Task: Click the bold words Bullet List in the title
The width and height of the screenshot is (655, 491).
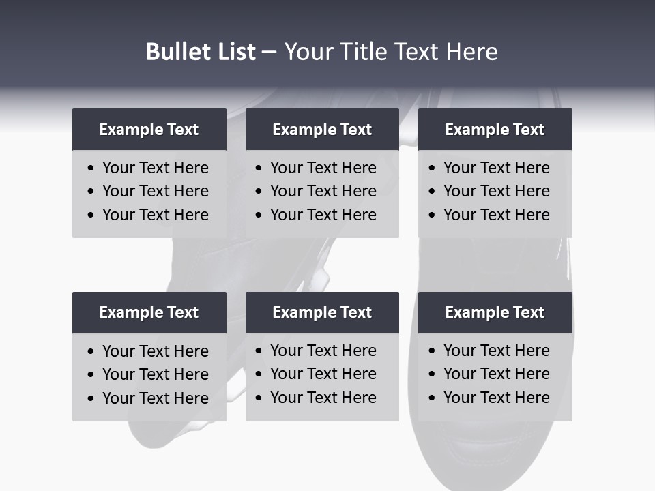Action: (201, 52)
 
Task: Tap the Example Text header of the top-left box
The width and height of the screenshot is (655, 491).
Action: (149, 130)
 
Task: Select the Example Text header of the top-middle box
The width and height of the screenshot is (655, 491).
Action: (322, 130)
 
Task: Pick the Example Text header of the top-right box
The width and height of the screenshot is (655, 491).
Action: (495, 130)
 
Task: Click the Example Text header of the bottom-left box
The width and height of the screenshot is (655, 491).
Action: (149, 312)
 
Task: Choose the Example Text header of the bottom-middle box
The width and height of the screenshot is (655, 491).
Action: (322, 312)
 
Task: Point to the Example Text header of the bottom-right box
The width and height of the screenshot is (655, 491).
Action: (495, 312)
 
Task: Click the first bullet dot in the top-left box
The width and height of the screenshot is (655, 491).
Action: (91, 168)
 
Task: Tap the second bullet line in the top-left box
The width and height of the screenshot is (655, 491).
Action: (156, 192)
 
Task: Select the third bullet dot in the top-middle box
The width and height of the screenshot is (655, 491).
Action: (259, 215)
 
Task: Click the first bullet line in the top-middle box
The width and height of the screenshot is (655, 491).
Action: (323, 168)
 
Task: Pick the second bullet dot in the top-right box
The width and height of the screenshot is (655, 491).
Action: (432, 192)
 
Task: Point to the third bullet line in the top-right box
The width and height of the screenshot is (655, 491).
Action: (497, 215)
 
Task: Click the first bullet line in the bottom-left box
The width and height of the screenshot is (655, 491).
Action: (156, 351)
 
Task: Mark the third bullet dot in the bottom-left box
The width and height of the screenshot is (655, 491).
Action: (91, 399)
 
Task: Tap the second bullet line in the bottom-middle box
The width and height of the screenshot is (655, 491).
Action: (323, 374)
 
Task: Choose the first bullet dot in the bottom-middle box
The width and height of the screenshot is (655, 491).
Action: (259, 351)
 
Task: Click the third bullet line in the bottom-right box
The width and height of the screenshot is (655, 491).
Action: (497, 398)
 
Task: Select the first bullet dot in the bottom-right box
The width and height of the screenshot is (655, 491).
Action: (432, 351)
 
